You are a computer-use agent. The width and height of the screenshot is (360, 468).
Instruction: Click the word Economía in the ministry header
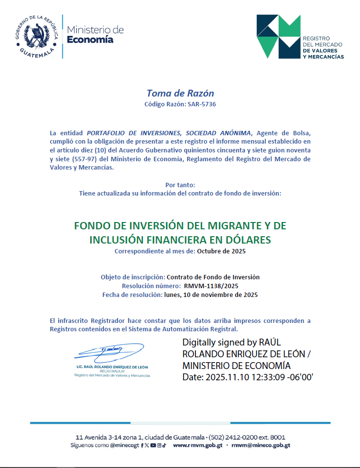tap(90, 40)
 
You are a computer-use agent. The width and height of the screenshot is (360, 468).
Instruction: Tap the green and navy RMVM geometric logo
tap(278, 36)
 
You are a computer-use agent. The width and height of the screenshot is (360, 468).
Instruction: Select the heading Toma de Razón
tap(180, 93)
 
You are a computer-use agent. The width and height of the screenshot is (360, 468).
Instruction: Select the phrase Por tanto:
tap(180, 185)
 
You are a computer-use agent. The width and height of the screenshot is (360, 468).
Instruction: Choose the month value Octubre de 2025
tap(221, 251)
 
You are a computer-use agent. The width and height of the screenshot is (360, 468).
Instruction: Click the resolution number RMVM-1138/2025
tap(211, 286)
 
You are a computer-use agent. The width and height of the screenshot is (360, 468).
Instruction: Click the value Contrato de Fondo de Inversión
tap(213, 277)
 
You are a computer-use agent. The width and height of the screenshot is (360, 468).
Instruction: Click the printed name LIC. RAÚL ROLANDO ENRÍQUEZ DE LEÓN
tap(112, 367)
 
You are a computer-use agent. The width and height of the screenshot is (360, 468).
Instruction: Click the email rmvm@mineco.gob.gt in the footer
tap(261, 445)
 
